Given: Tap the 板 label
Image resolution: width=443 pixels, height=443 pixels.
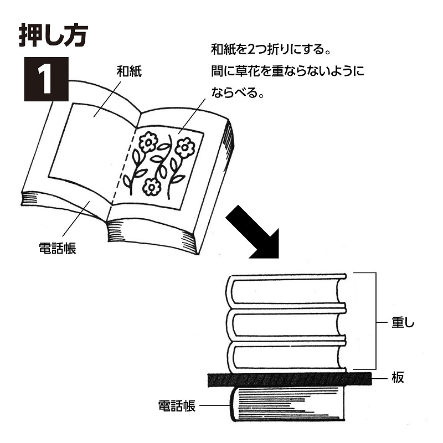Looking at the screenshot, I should (x=397, y=378).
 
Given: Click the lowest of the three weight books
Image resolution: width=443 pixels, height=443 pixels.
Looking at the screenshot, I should (x=287, y=354).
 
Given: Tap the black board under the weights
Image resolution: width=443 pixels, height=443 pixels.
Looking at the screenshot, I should (x=288, y=379).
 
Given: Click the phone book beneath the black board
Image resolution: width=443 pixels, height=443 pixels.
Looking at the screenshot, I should (x=288, y=407).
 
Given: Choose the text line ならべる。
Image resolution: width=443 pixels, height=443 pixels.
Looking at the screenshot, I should (x=236, y=92).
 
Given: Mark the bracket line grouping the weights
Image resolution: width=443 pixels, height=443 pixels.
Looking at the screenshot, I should (x=376, y=321).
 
